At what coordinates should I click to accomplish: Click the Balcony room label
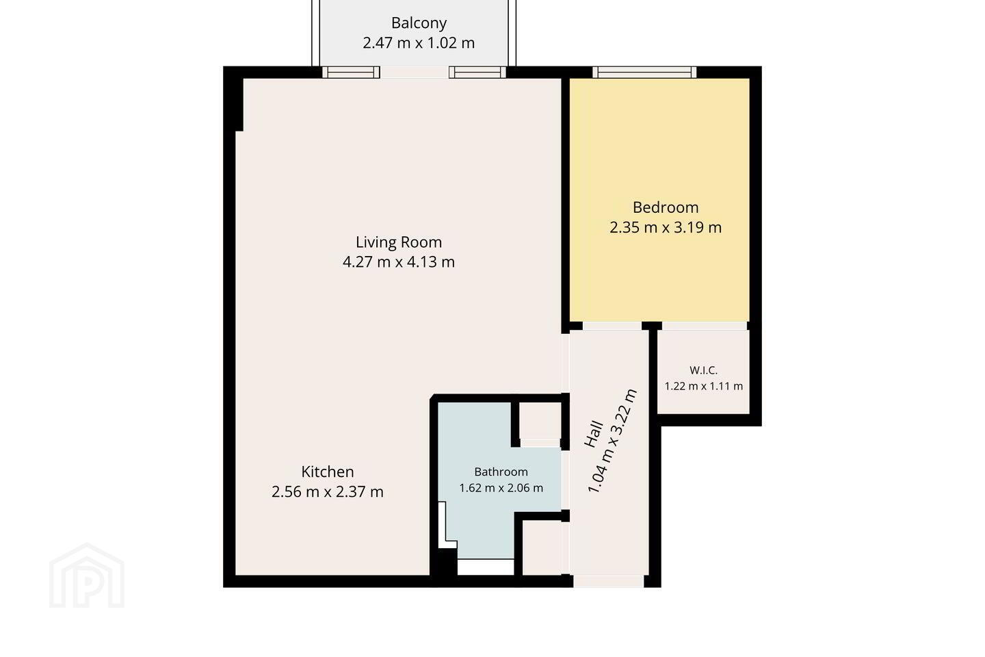click(419, 23)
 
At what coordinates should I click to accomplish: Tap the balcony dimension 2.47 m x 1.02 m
click(419, 43)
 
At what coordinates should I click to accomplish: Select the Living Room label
click(399, 242)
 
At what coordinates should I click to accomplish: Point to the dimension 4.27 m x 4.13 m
click(399, 262)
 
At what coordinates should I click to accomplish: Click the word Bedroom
click(666, 207)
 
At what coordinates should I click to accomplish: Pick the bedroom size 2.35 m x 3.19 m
click(666, 227)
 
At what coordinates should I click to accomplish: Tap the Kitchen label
click(328, 472)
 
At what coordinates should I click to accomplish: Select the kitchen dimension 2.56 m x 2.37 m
click(328, 491)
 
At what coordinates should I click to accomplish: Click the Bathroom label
click(501, 472)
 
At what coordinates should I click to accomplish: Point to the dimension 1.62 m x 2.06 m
click(501, 488)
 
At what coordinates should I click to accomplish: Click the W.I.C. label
click(704, 370)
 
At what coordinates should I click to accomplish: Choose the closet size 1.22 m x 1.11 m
click(704, 387)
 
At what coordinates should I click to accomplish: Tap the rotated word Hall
click(594, 435)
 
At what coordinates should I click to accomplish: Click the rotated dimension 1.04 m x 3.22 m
click(612, 441)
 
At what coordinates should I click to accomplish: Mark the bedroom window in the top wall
click(644, 72)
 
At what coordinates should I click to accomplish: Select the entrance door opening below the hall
click(609, 581)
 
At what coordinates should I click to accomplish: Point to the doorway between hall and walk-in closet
click(705, 326)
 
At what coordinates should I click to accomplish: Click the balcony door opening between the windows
click(415, 72)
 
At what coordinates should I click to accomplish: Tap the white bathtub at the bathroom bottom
click(486, 567)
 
